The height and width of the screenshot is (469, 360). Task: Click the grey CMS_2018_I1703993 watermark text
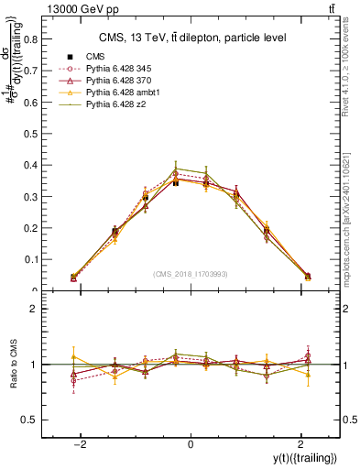(x=191, y=274)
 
